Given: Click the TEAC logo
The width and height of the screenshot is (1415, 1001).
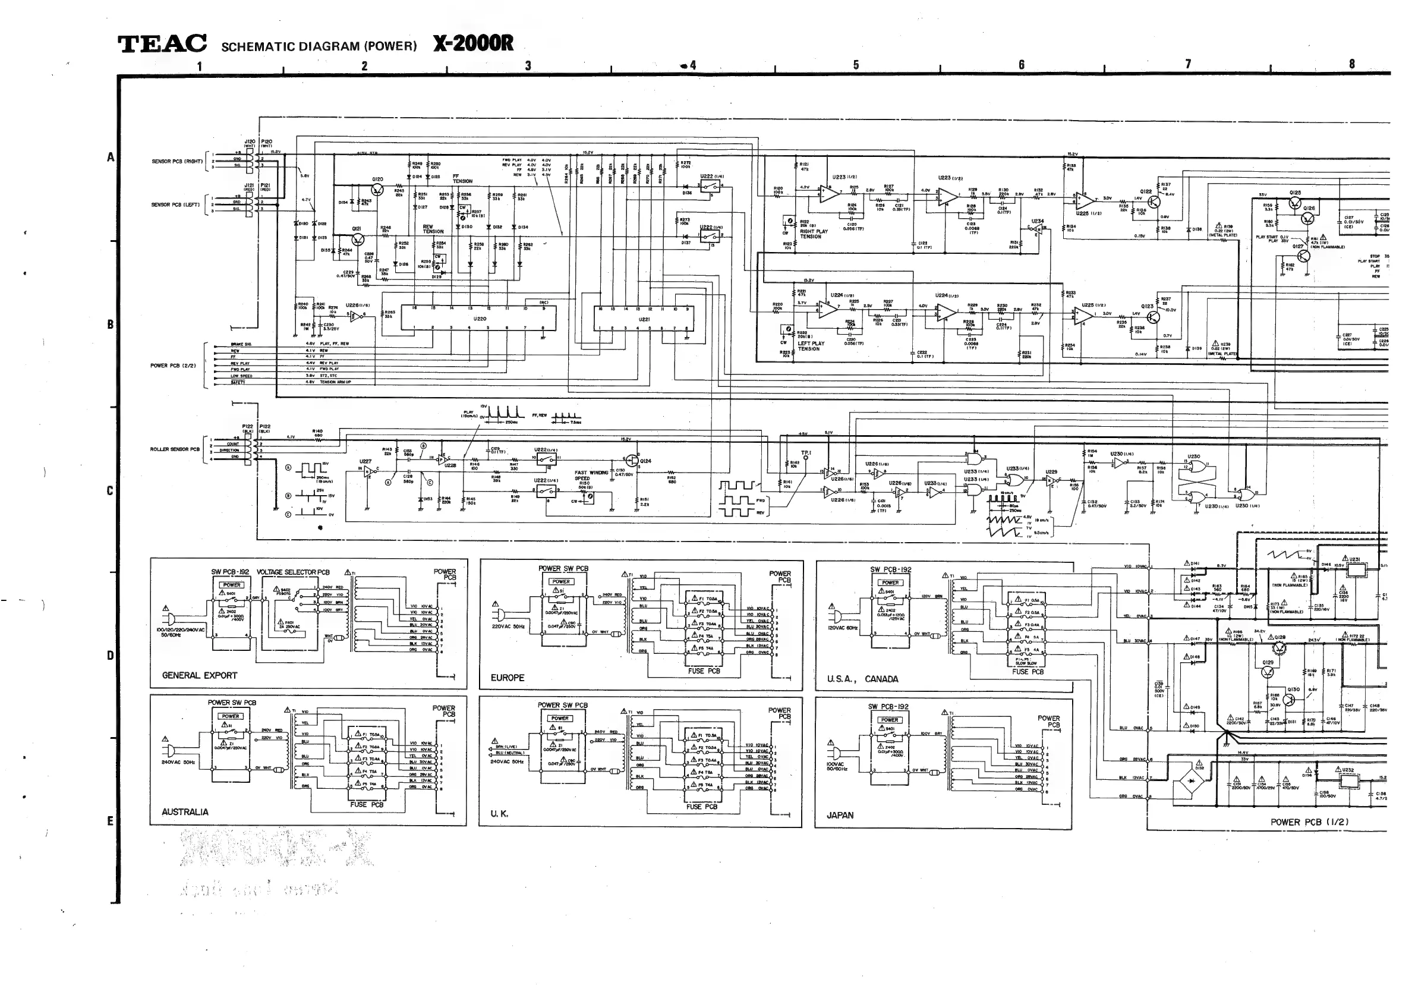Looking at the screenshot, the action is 162,44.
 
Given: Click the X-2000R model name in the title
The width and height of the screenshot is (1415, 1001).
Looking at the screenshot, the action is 472,43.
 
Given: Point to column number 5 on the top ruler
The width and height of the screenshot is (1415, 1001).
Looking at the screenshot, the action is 856,65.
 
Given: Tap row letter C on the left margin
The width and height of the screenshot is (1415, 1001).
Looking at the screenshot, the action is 111,490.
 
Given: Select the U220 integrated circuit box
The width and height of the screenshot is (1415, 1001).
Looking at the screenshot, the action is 480,319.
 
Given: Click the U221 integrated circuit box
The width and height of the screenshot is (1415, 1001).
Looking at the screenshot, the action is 644,319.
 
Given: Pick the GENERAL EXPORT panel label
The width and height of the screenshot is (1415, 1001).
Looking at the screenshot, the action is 199,675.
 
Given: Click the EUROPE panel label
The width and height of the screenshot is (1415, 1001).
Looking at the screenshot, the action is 507,678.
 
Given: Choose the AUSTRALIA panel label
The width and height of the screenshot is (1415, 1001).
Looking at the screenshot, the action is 185,813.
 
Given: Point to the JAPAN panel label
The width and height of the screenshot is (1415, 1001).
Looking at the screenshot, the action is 840,816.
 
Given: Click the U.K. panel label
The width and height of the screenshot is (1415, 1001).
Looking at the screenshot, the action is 499,814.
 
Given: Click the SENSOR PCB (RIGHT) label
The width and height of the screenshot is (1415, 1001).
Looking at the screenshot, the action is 177,162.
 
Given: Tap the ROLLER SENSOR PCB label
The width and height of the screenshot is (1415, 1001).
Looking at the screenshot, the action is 175,449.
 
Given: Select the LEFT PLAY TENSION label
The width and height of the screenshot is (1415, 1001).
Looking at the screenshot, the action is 811,346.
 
